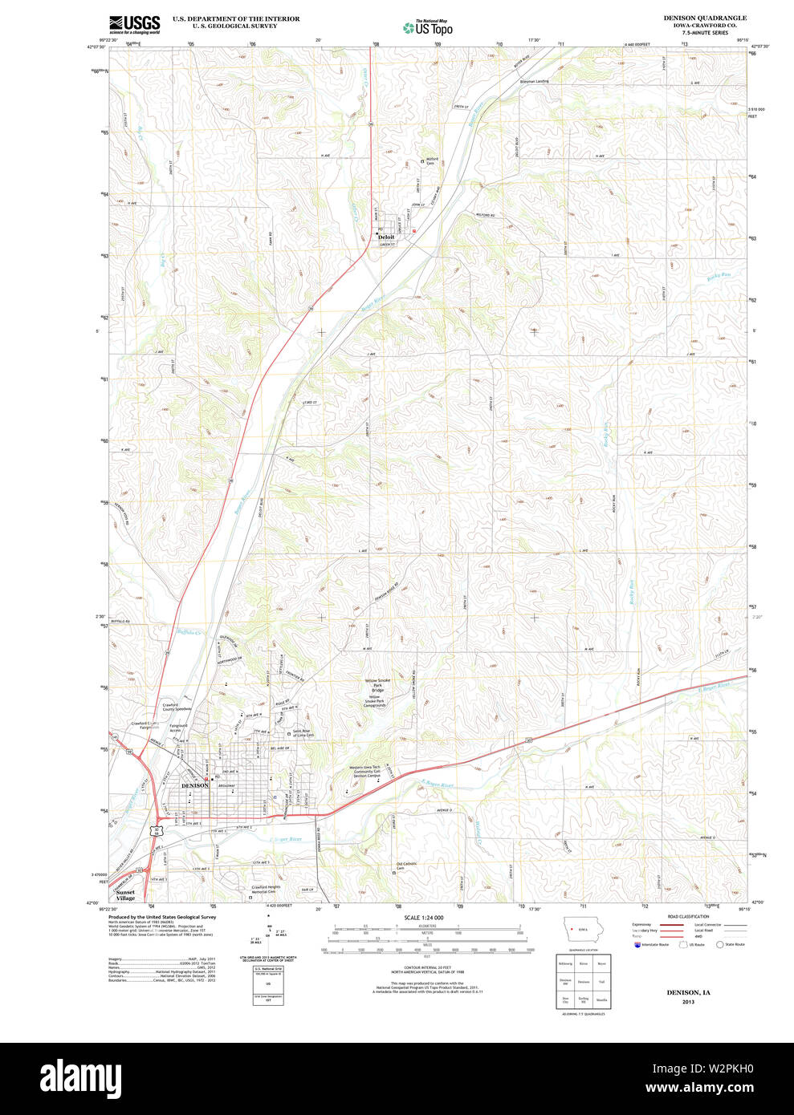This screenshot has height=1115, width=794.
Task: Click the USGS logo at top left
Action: (x=135, y=24)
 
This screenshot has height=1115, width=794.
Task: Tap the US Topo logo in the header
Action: (x=428, y=28)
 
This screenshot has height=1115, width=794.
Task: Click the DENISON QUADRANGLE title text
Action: (x=704, y=18)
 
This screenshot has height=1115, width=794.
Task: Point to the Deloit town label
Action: (x=386, y=237)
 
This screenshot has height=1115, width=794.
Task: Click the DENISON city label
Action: (x=195, y=785)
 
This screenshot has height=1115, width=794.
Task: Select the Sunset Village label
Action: (x=125, y=895)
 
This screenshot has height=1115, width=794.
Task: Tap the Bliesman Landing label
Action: (x=535, y=81)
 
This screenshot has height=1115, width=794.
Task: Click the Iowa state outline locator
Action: (x=581, y=929)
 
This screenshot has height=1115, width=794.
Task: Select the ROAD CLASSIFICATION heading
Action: (x=688, y=916)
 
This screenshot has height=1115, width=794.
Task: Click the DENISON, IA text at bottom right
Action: (x=688, y=992)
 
